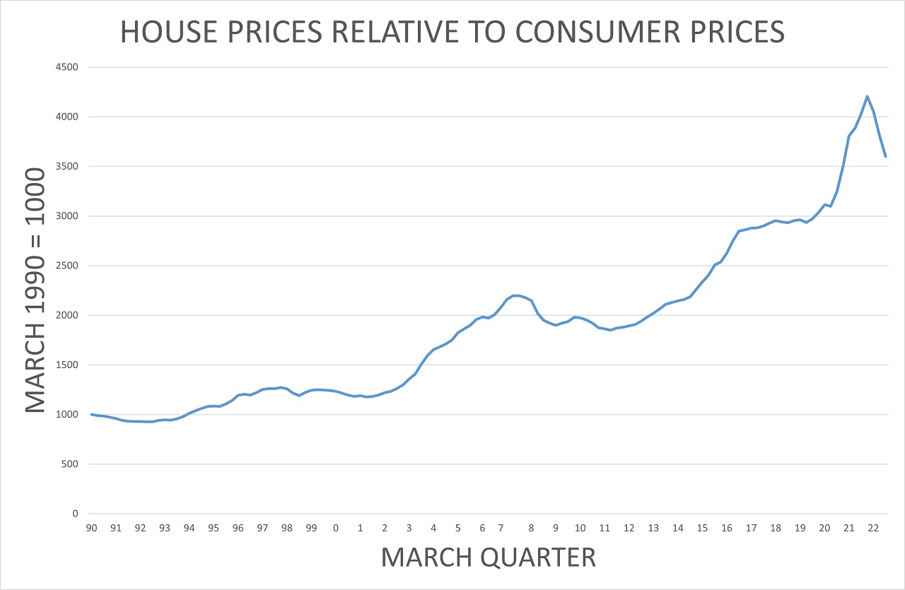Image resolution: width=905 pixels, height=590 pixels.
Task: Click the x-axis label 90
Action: pos(92,528)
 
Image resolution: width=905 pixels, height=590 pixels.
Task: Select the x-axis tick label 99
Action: pos(311,528)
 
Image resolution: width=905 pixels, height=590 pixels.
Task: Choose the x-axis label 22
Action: pos(873,528)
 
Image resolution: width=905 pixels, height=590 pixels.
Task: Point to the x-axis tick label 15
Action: pos(702,528)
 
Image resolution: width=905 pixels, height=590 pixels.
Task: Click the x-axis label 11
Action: pos(605,528)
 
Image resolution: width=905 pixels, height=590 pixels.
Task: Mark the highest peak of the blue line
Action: pos(867,97)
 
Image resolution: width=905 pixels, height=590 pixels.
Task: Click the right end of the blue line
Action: pos(885,156)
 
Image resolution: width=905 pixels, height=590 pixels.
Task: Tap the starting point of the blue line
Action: pos(92,414)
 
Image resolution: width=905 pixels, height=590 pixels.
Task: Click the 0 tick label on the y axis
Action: pos(74,514)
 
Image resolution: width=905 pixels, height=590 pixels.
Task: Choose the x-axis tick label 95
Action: pos(214,528)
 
